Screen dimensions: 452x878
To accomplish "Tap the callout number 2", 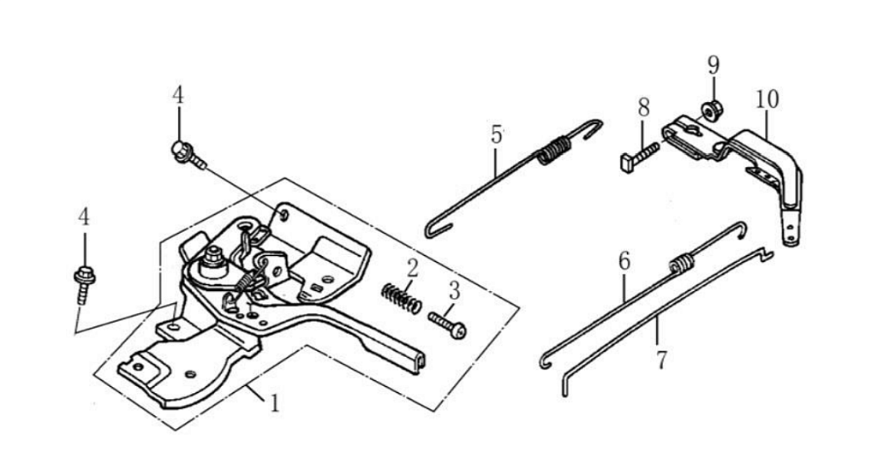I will (412, 268).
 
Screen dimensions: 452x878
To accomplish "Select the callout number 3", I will (453, 291).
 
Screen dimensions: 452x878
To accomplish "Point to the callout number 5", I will (497, 134).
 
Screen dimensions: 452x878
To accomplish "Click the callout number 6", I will (624, 262).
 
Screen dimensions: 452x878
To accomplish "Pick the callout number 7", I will (660, 359).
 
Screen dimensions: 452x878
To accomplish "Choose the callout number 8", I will (643, 109).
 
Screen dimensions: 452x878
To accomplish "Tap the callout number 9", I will (714, 66).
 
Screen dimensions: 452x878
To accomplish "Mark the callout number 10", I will (768, 99).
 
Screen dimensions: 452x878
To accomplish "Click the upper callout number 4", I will (177, 95).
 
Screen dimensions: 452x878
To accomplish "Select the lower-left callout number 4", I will (83, 217).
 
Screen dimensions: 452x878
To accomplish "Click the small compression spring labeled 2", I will (401, 298).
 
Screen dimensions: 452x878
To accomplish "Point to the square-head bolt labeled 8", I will (638, 156).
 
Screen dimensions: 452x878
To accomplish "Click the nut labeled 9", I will (710, 110).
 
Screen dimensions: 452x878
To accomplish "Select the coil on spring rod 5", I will (552, 151).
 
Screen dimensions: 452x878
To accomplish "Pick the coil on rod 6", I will (680, 263).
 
